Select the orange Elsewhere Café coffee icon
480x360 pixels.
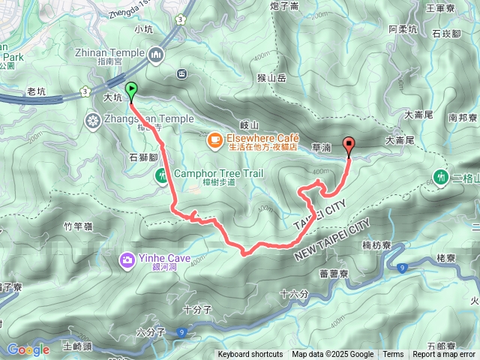[214, 139]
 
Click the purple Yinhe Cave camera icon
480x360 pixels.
[127, 259]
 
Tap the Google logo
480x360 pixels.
[28, 349]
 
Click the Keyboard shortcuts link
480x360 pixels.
[250, 355]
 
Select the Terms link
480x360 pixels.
[393, 355]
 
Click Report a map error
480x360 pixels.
[444, 355]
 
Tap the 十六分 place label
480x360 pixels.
[293, 294]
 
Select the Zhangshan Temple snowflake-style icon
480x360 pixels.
[94, 120]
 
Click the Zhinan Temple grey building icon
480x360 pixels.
[157, 54]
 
